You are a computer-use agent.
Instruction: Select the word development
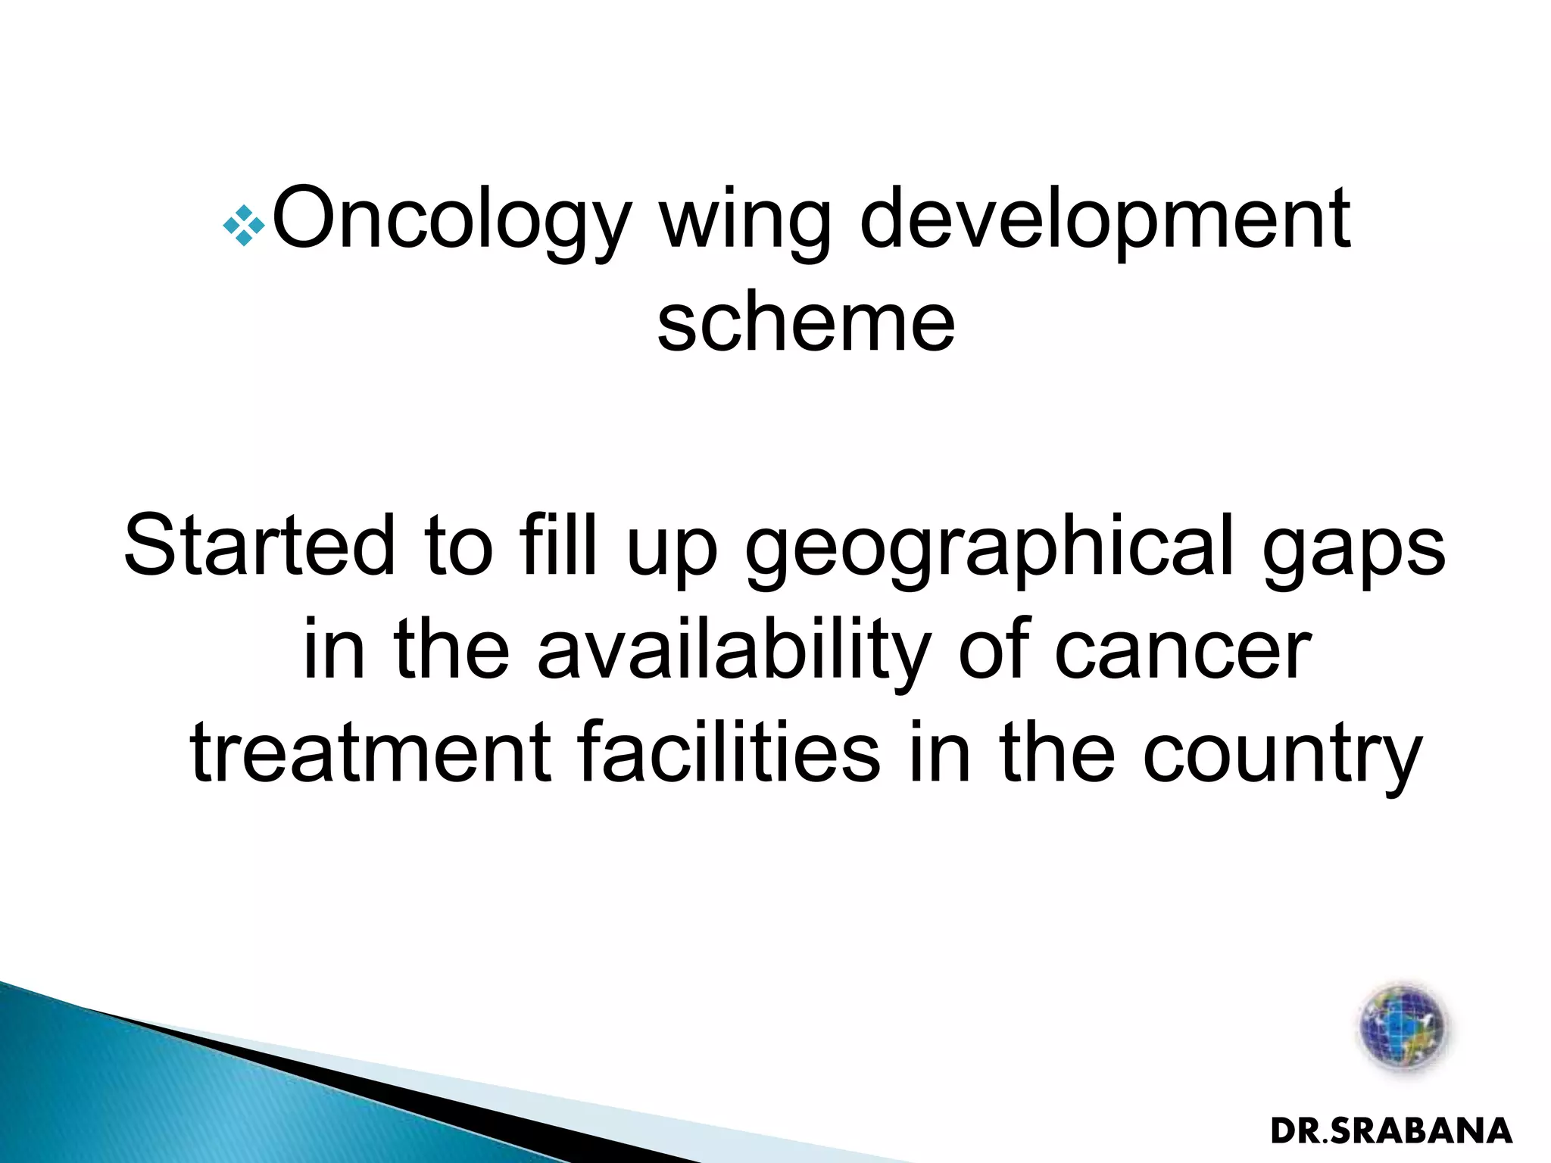[1105, 220]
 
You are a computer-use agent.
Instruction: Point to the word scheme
[806, 324]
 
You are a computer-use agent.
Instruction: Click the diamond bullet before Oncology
[244, 225]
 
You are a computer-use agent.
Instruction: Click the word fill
[558, 545]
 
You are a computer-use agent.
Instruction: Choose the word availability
[733, 651]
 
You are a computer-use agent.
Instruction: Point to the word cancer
[1183, 651]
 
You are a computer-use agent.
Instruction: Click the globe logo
[1403, 1027]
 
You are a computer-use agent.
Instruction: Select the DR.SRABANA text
[1391, 1131]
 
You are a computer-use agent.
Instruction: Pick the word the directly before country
[1057, 753]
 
